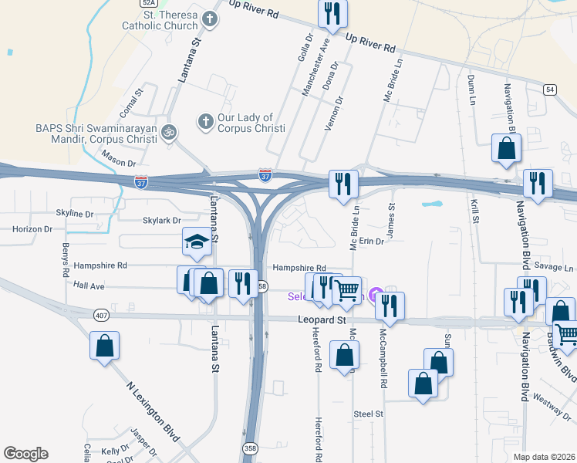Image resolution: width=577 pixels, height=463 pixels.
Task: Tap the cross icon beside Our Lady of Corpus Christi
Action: pyautogui.click(x=205, y=121)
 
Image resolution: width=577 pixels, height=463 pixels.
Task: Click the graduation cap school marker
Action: pyautogui.click(x=197, y=242)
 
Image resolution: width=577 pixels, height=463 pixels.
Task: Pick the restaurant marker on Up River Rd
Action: pyautogui.click(x=332, y=12)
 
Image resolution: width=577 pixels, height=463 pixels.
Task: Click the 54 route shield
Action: pyautogui.click(x=549, y=90)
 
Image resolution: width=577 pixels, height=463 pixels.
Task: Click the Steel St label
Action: pyautogui.click(x=368, y=414)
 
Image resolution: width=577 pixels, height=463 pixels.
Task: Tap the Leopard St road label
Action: pyautogui.click(x=319, y=319)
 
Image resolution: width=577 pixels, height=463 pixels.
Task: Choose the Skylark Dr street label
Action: pyautogui.click(x=161, y=221)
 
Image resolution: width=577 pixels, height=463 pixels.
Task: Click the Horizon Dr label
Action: pyautogui.click(x=32, y=229)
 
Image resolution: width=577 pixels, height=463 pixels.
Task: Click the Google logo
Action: pyautogui.click(x=25, y=454)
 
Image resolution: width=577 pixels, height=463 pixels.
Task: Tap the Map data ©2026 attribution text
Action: pyautogui.click(x=544, y=457)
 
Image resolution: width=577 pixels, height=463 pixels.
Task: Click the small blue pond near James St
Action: pyautogui.click(x=432, y=206)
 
